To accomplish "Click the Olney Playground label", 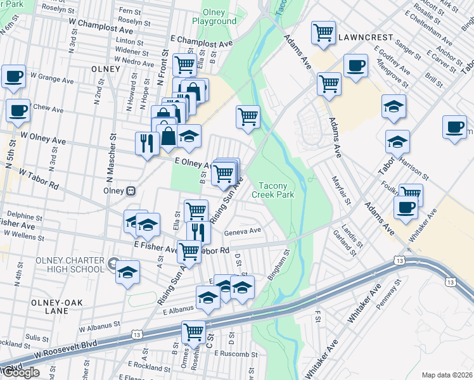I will (219, 17).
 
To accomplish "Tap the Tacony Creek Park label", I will (278, 191).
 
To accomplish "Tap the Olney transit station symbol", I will (131, 190).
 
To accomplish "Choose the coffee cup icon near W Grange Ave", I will (13, 76).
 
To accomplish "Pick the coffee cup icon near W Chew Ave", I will (18, 110).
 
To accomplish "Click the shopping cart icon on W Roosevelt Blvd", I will (193, 331).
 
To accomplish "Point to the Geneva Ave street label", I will (243, 232).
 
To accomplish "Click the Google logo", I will (21, 372).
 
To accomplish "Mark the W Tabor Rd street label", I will (39, 179).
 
